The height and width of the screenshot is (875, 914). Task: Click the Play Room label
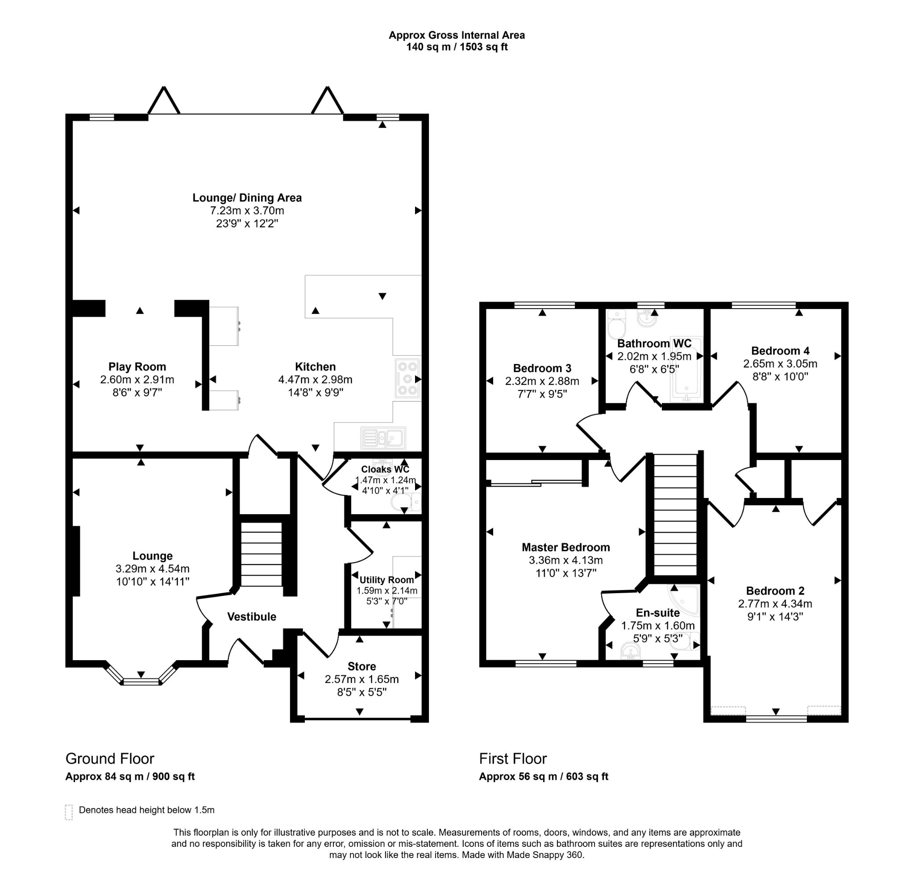pos(137,367)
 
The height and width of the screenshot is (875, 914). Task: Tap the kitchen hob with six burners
pos(407,379)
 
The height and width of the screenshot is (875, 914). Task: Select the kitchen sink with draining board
pos(383,438)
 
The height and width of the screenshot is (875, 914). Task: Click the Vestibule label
pos(252,616)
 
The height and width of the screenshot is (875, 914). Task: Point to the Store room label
pos(361,666)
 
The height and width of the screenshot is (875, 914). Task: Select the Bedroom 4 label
pos(780,351)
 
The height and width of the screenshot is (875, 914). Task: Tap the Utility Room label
pos(386,580)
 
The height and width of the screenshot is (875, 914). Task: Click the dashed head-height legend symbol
pos(69,812)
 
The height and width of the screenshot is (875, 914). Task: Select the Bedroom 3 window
pos(544,305)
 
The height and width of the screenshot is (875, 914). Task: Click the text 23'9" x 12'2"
pos(247,223)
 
